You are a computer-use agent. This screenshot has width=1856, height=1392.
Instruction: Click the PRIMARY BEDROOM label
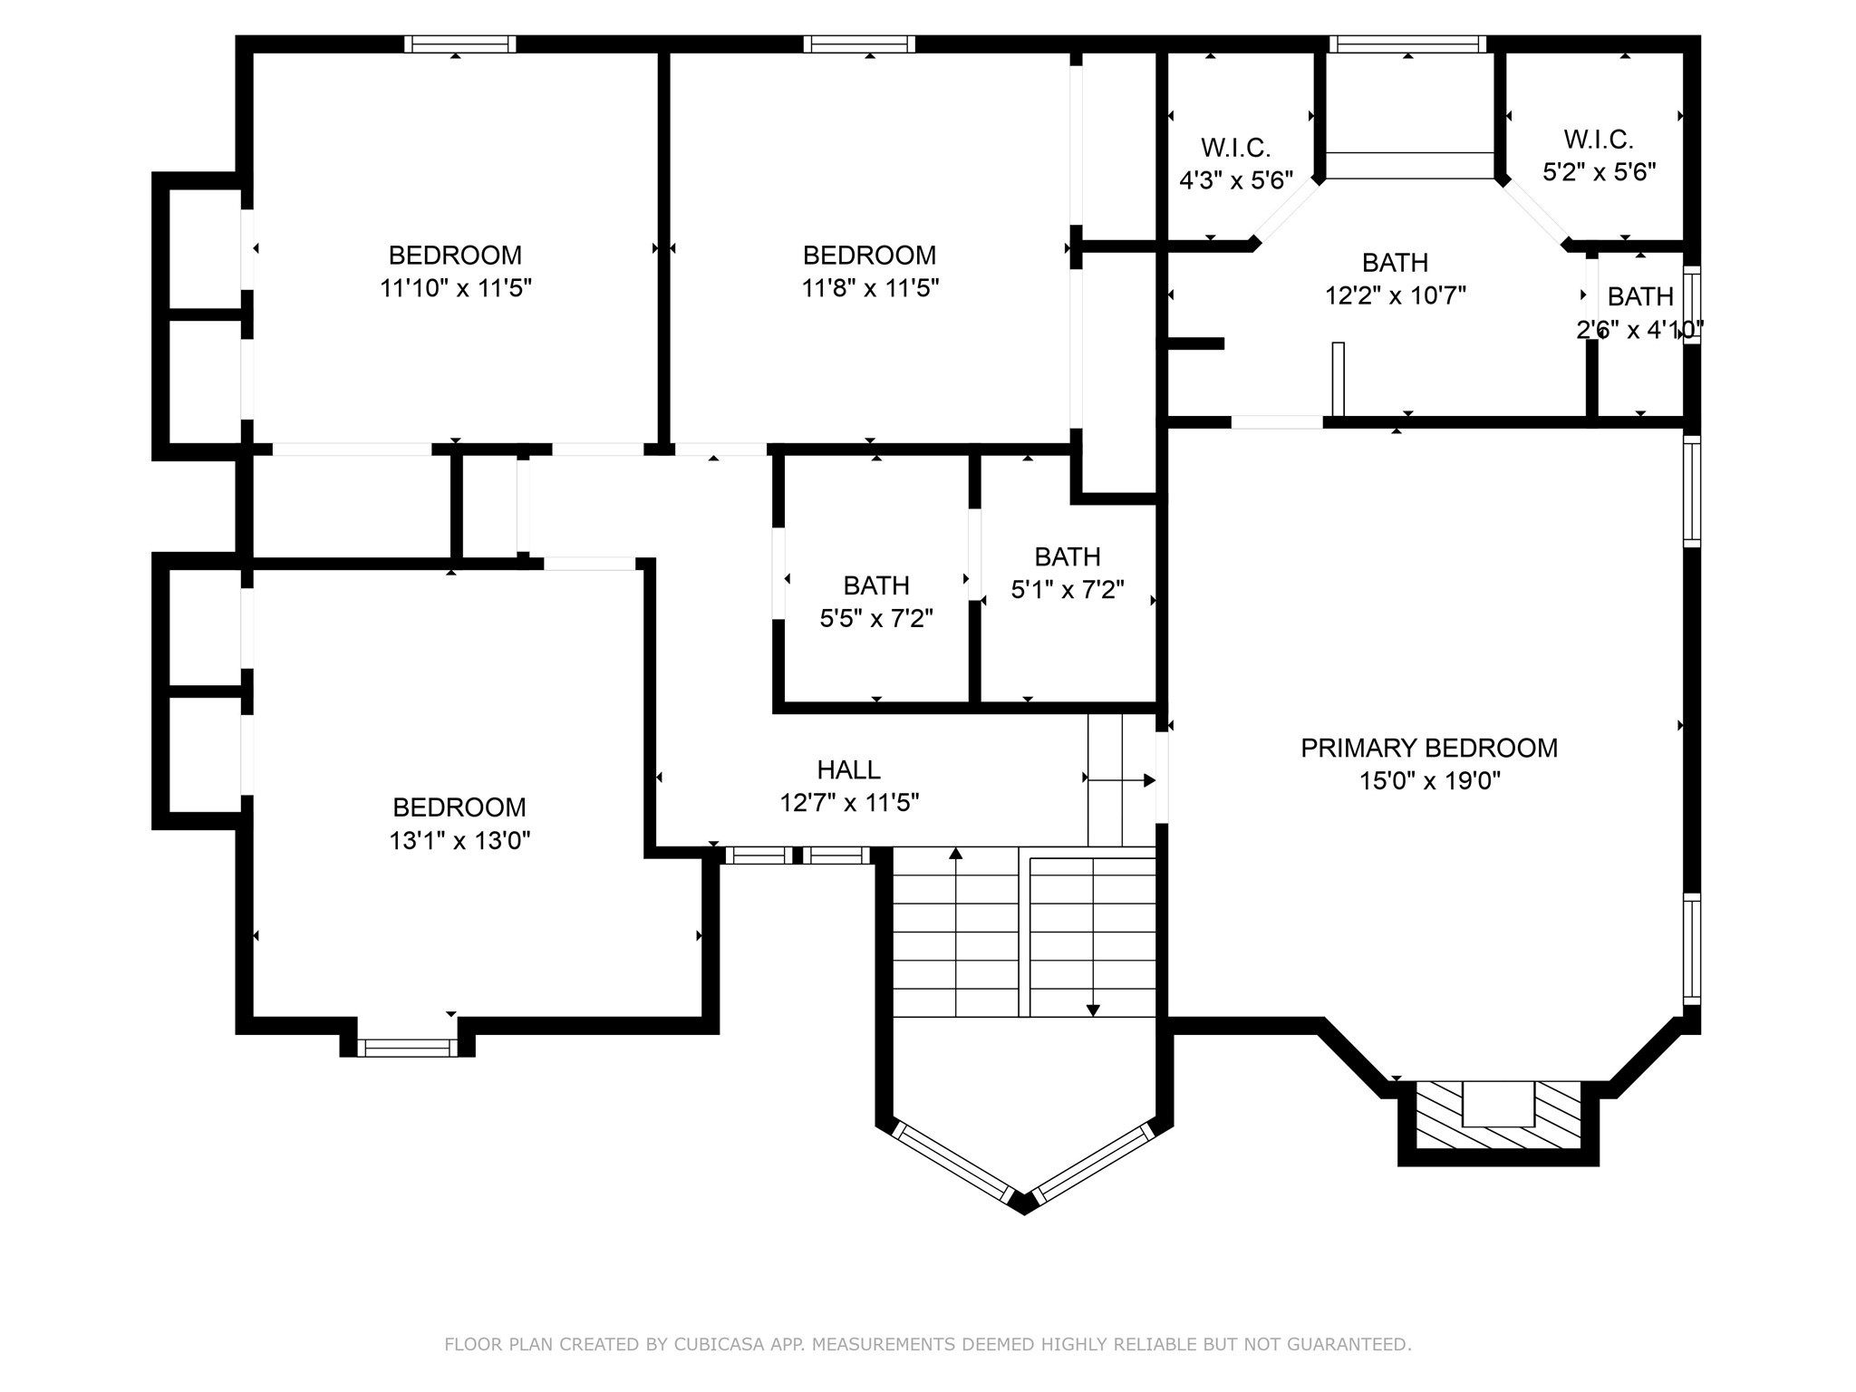1428,748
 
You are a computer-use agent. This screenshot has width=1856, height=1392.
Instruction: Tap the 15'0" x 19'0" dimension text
1429,781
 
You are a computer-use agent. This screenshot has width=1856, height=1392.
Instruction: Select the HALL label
848,769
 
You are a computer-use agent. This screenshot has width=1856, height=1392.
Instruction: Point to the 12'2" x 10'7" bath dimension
1395,296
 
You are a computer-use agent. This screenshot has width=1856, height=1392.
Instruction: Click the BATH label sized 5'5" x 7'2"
875,585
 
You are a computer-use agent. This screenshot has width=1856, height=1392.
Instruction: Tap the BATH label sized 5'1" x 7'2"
1067,556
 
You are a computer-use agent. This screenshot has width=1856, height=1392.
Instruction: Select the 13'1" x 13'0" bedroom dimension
459,841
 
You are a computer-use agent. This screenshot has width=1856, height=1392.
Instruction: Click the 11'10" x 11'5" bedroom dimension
455,289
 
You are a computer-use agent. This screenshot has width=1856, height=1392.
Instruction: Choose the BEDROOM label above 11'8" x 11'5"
868,255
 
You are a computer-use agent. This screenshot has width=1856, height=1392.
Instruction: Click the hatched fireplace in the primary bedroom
1498,1115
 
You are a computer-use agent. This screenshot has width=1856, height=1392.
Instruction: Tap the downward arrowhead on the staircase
1093,1010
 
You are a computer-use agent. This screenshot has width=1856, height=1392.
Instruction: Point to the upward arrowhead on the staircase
955,853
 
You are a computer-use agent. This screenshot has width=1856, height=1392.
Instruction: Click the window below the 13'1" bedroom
407,1048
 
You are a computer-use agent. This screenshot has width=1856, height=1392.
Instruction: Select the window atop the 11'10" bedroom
459,44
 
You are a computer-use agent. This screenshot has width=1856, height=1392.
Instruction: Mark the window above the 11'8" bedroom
858,44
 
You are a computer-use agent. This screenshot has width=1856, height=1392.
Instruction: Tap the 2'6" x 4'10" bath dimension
1639,331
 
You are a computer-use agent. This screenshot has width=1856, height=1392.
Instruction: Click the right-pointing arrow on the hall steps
1148,780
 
